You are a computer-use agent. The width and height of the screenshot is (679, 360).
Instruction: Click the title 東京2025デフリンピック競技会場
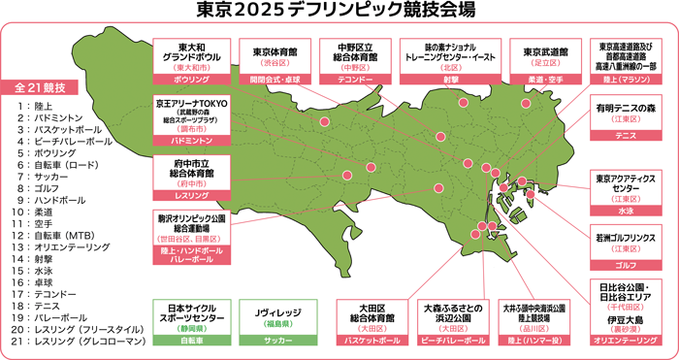pos(339,13)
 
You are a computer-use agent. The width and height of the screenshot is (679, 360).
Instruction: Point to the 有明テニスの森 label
pos(627,110)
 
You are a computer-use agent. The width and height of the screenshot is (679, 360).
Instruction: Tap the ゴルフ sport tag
pos(627,263)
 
